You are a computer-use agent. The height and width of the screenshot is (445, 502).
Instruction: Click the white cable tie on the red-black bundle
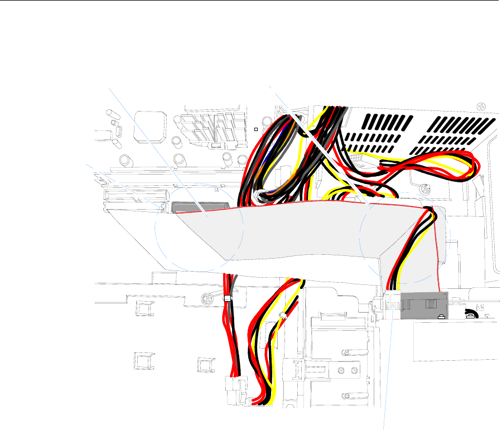tap(228, 299)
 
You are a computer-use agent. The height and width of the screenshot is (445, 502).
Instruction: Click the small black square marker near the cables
tap(256, 129)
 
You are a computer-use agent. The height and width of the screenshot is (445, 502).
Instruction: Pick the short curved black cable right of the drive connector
tap(473, 312)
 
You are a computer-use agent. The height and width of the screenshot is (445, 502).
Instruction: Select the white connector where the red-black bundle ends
tap(231, 385)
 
